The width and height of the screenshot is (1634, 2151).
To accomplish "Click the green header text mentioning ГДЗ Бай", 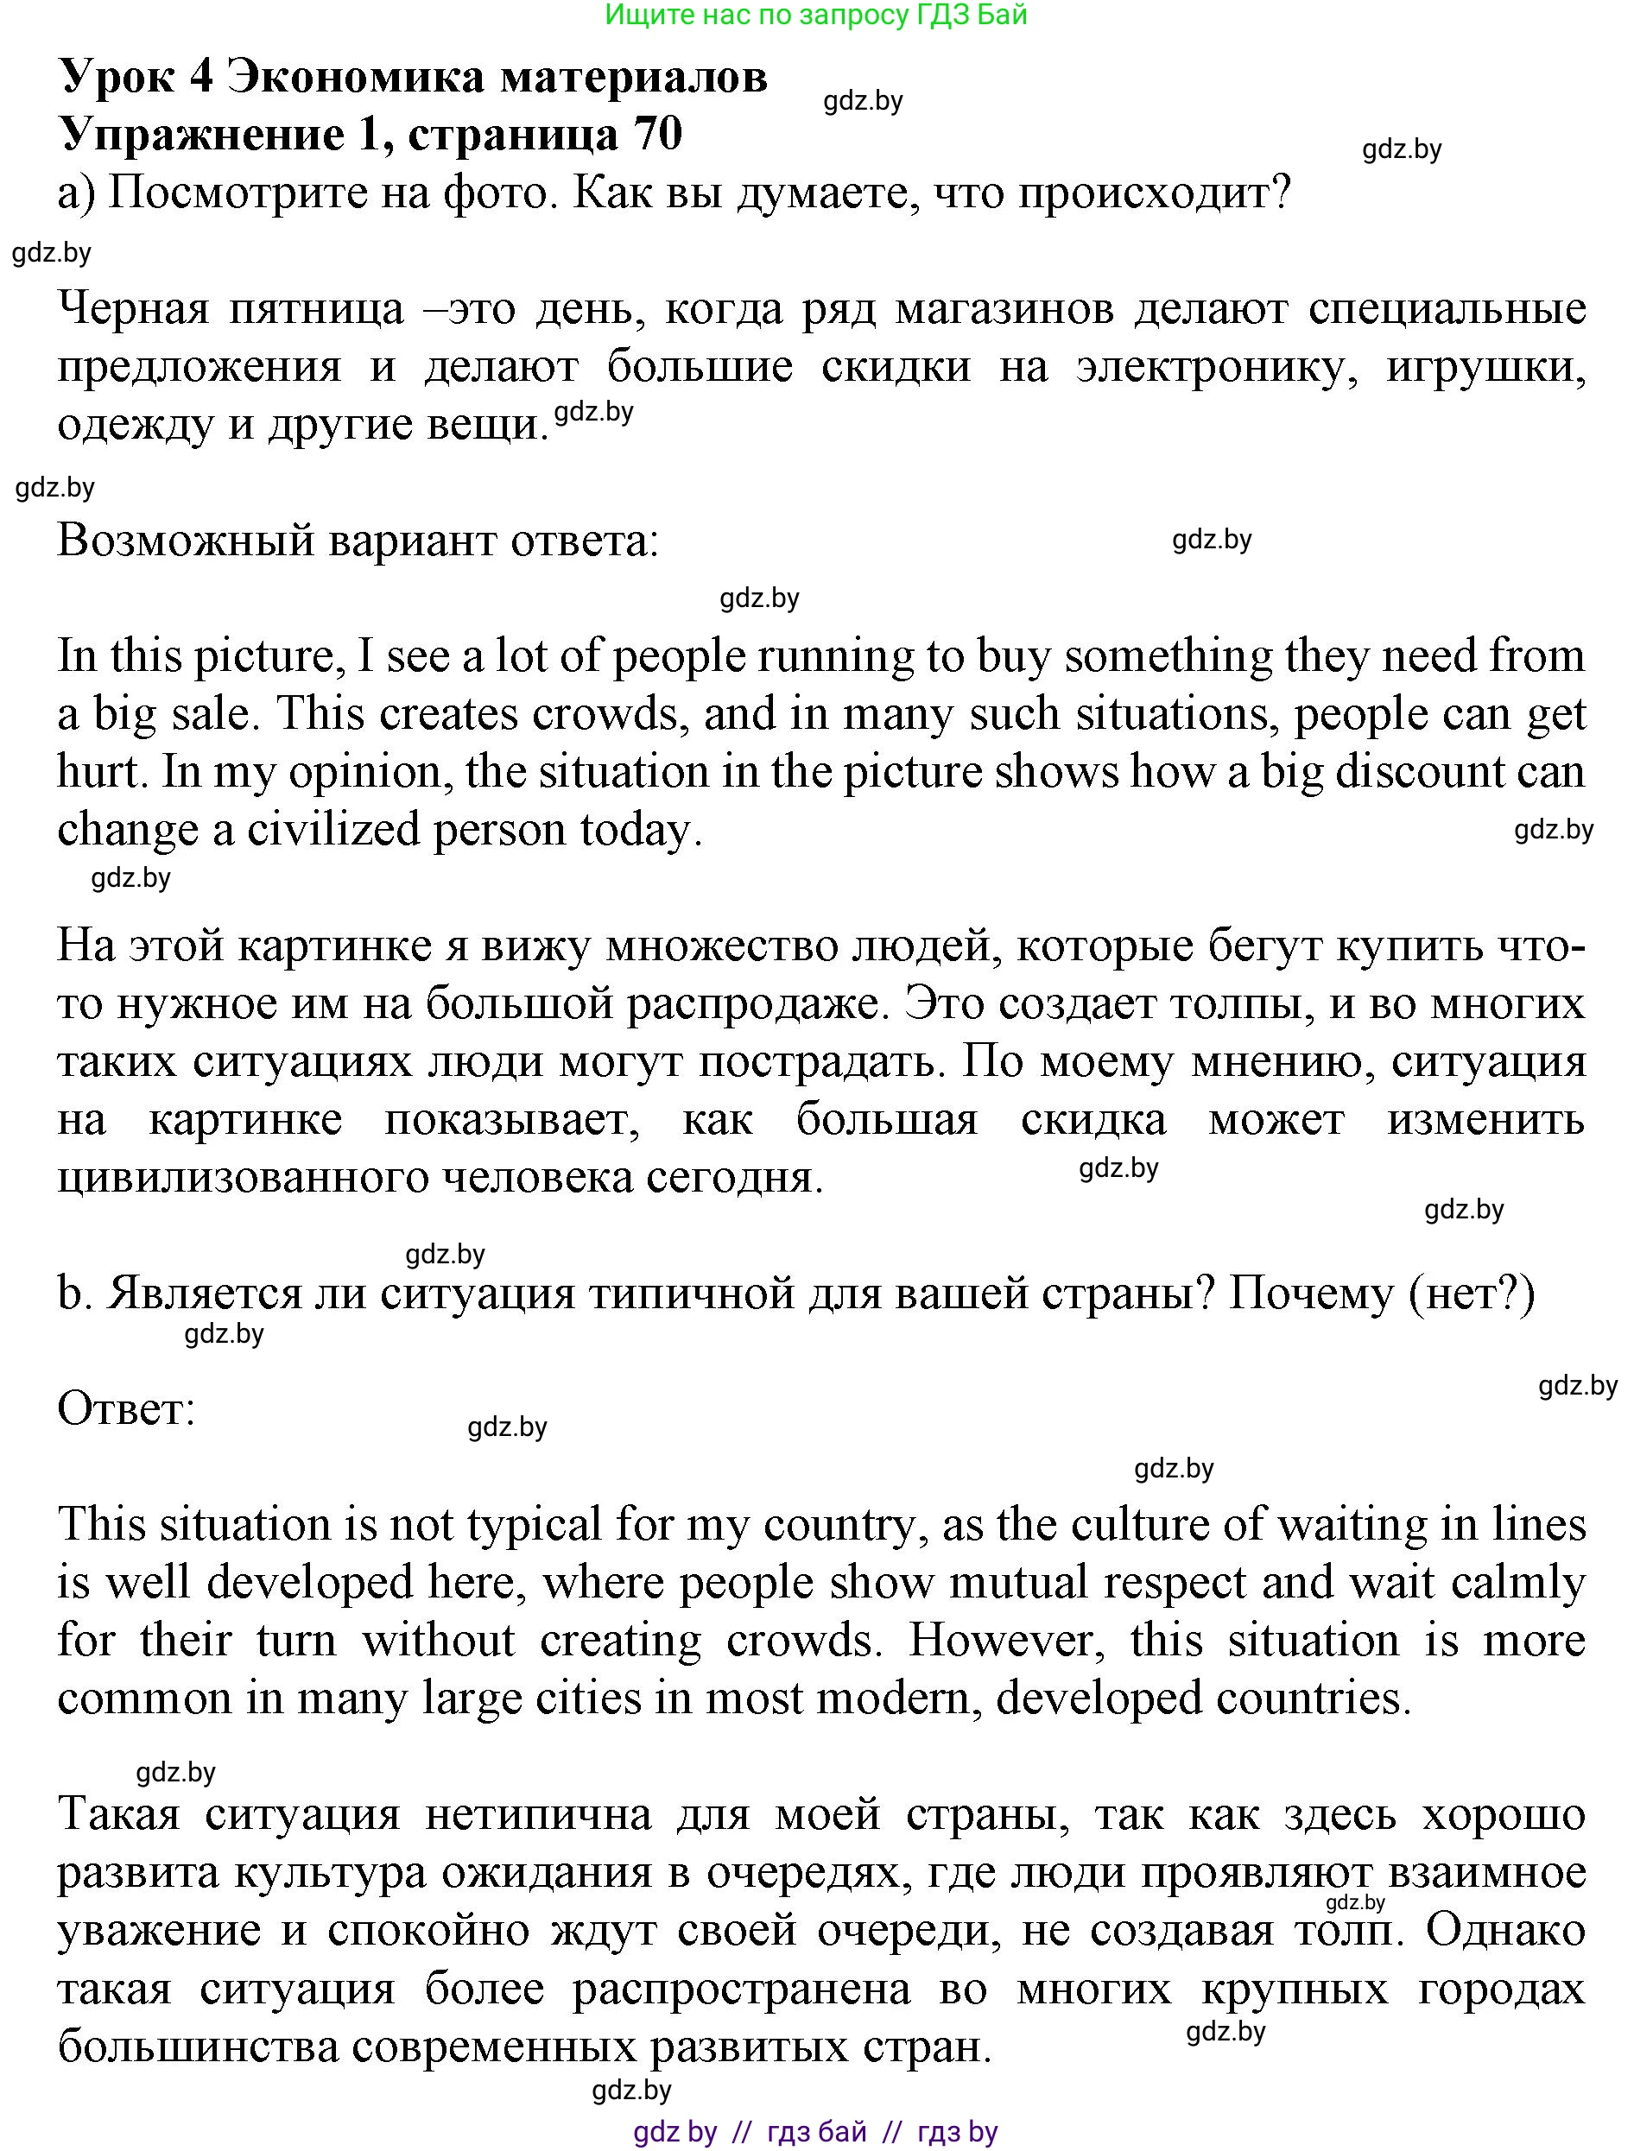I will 815,15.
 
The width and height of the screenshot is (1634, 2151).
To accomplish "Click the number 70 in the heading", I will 657,134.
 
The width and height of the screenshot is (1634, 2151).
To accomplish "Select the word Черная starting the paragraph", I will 133,308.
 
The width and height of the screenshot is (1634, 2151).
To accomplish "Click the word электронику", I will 1216,367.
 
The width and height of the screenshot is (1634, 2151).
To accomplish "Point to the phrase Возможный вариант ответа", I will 358,541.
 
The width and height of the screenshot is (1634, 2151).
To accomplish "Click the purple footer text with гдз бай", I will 815,2131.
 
